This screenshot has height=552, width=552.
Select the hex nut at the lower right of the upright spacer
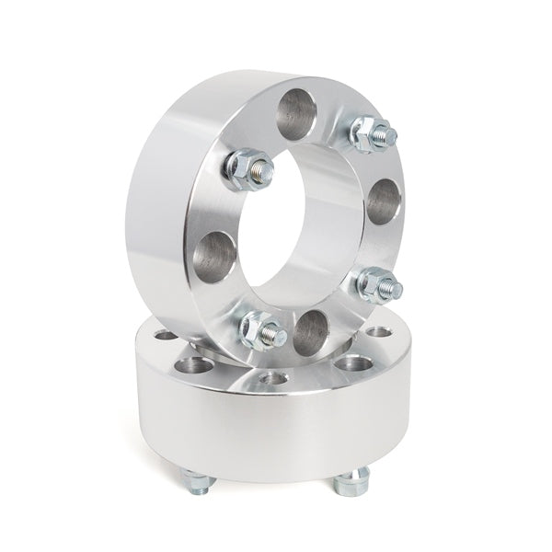pyautogui.click(x=378, y=284)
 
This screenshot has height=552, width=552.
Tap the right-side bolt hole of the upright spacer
pyautogui.click(x=384, y=204)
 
